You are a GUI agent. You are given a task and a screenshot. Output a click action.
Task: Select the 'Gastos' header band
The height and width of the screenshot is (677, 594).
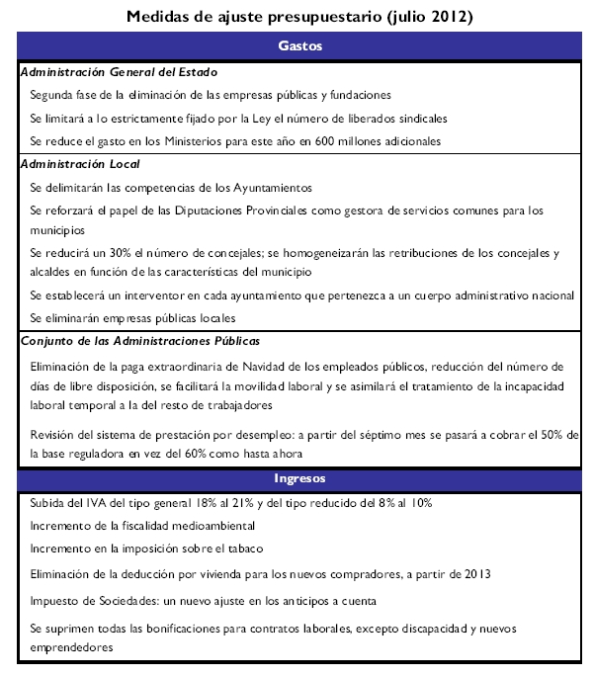tap(300, 46)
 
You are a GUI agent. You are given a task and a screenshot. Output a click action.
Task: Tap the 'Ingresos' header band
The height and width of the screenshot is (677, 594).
tap(300, 479)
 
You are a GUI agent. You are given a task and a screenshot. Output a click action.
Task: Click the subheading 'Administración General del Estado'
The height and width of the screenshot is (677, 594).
tap(119, 72)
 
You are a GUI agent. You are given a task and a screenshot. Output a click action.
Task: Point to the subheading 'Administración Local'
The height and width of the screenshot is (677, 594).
tap(80, 163)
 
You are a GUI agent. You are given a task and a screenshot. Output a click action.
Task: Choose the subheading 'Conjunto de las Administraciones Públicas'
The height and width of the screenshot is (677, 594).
tap(139, 341)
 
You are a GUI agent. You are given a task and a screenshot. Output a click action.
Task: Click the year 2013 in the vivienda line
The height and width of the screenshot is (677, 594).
tap(476, 573)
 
